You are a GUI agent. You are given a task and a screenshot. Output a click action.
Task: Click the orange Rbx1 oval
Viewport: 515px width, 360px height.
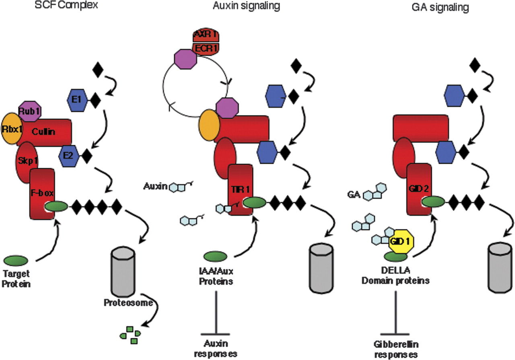pos(11,129)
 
